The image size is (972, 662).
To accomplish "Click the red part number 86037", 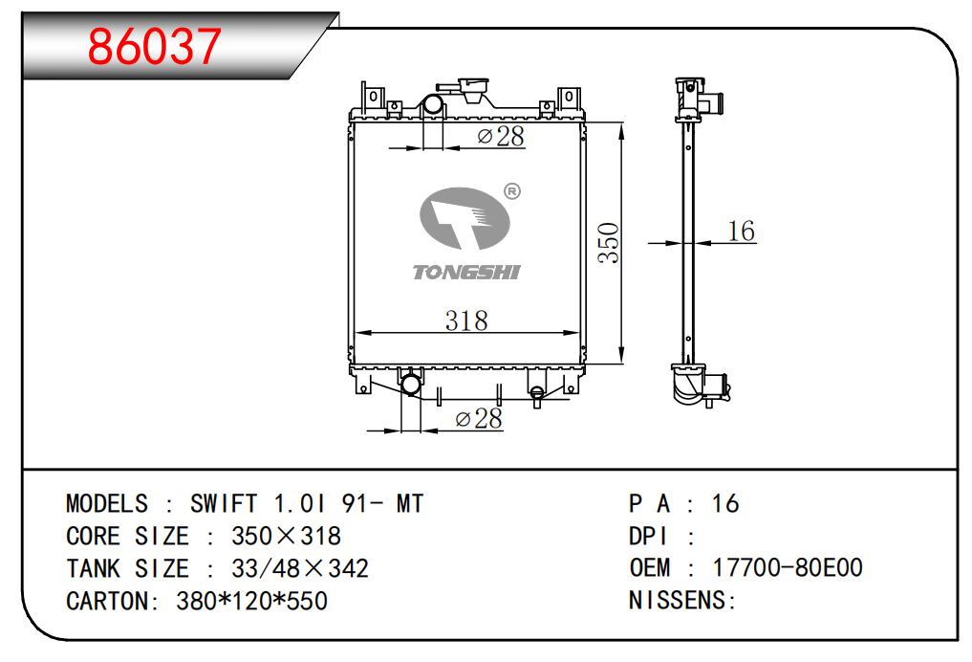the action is [x=155, y=46].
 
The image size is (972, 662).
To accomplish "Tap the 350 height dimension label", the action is [x=609, y=243].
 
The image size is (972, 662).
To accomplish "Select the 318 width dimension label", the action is [x=466, y=320].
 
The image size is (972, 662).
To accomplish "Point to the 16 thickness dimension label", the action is [x=741, y=231].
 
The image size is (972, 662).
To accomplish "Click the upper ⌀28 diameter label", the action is [x=501, y=137].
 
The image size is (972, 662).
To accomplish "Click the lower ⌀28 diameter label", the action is [x=479, y=419].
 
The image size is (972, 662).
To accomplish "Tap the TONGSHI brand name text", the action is [x=466, y=272].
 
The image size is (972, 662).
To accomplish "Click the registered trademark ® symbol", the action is [x=512, y=191].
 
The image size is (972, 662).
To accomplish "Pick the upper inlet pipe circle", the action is [x=433, y=103].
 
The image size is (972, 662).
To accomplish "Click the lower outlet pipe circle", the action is [x=411, y=385].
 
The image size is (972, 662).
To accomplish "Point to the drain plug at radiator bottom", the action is [x=537, y=396].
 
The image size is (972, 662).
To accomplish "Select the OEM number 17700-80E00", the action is [x=788, y=567].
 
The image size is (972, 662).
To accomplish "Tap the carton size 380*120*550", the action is [x=251, y=601].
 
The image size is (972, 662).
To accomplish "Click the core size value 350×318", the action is [x=286, y=536].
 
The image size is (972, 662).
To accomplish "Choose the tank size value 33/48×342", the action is [x=300, y=568].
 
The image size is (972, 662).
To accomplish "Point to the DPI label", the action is [x=649, y=536].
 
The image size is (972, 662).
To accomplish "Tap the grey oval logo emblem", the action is [x=464, y=218].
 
